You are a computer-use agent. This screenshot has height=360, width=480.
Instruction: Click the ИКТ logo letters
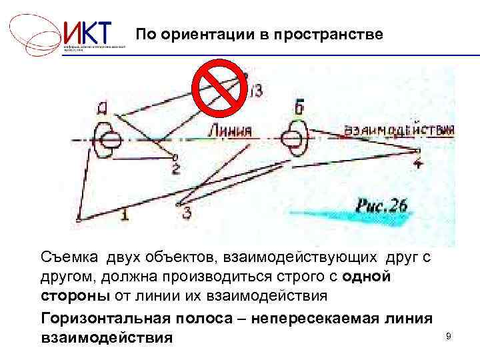click(x=89, y=33)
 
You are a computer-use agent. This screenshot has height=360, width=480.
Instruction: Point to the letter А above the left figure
click(x=102, y=105)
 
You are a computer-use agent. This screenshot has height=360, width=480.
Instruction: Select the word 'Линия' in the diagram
click(x=229, y=131)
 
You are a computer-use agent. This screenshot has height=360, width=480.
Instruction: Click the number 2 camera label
click(x=175, y=168)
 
